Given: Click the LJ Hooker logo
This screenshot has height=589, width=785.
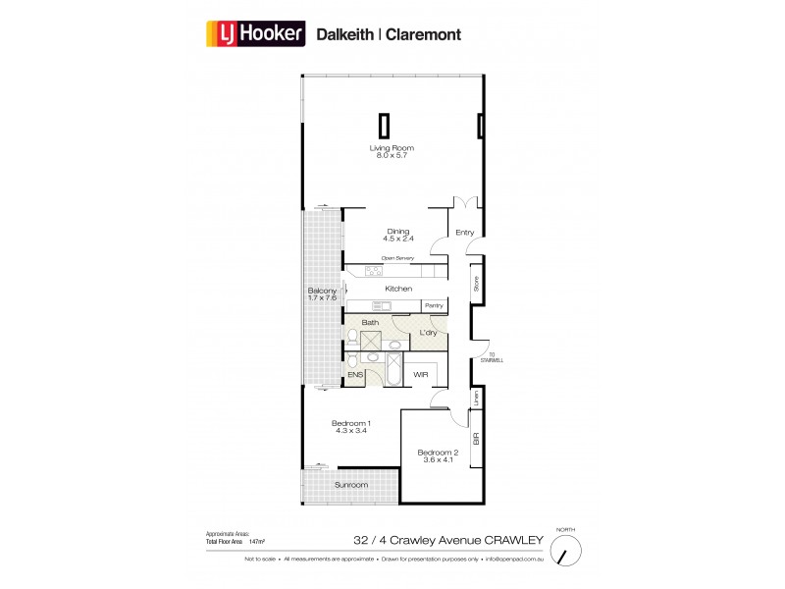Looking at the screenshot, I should tap(255, 33).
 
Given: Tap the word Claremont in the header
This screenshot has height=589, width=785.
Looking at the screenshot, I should tap(417, 33).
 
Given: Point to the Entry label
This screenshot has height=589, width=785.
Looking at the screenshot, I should tap(465, 233).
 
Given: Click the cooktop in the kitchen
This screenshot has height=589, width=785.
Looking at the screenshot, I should tap(374, 271).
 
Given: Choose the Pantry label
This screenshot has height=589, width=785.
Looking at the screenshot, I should tap(434, 306).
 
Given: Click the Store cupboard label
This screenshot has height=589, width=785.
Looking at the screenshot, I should tap(475, 285).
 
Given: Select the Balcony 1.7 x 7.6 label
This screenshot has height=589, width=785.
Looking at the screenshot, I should tap(323, 295).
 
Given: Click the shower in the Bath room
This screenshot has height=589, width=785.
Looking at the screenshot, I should tap(372, 340).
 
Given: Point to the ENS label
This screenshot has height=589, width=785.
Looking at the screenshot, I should tap(355, 375).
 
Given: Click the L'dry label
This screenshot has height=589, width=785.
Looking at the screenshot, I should tap(429, 333).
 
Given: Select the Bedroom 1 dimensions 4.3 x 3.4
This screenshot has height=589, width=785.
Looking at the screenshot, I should tap(350, 431).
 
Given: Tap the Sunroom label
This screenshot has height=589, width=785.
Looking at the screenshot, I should tap(350, 485).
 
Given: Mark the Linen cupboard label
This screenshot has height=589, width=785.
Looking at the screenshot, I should tap(475, 400).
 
